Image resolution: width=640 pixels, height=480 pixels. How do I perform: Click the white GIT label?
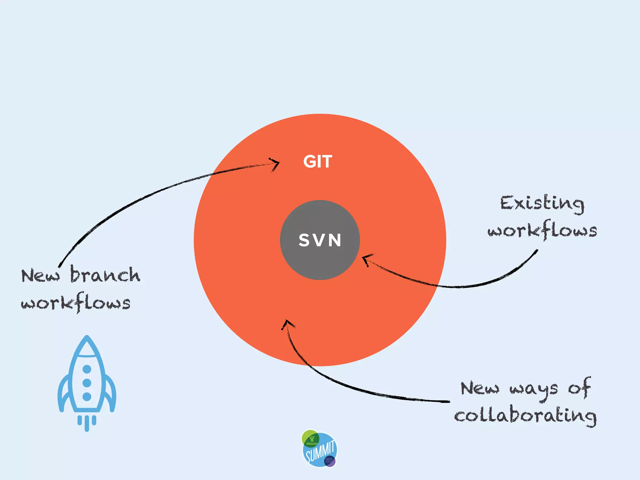pos(317,162)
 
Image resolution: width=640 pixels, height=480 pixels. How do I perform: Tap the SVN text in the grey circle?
pos(320,240)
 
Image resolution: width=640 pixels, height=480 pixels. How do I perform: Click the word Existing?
pos(542,204)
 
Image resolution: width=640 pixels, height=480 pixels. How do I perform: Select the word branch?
pos(105,275)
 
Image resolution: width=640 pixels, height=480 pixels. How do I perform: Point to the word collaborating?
pos(525,416)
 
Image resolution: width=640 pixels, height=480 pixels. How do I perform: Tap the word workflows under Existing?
pos(542,231)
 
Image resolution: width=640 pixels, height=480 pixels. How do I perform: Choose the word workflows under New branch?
pos(76,303)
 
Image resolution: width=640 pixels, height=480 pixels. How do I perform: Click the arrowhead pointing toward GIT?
pos(275,163)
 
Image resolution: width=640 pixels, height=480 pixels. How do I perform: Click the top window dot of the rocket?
pos(87,369)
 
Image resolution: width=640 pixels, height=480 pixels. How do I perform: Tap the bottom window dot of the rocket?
pos(87,397)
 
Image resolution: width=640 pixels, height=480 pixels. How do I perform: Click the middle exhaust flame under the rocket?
pos(87,424)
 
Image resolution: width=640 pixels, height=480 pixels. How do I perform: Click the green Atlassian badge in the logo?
pos(311,438)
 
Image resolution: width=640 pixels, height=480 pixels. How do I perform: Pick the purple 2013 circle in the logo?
pos(329,461)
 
